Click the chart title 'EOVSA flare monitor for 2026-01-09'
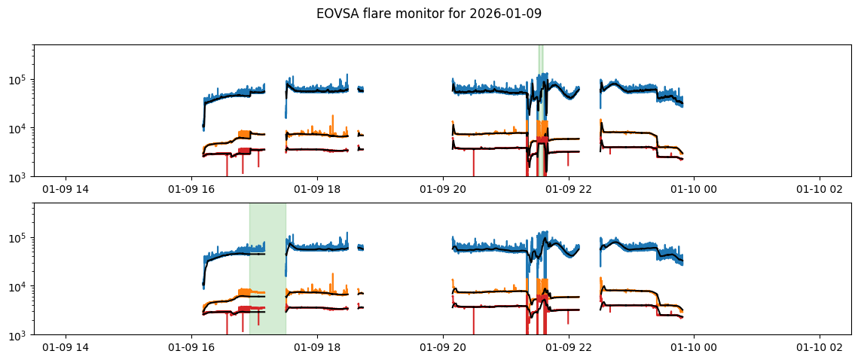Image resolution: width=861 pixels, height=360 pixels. (x=429, y=14)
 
